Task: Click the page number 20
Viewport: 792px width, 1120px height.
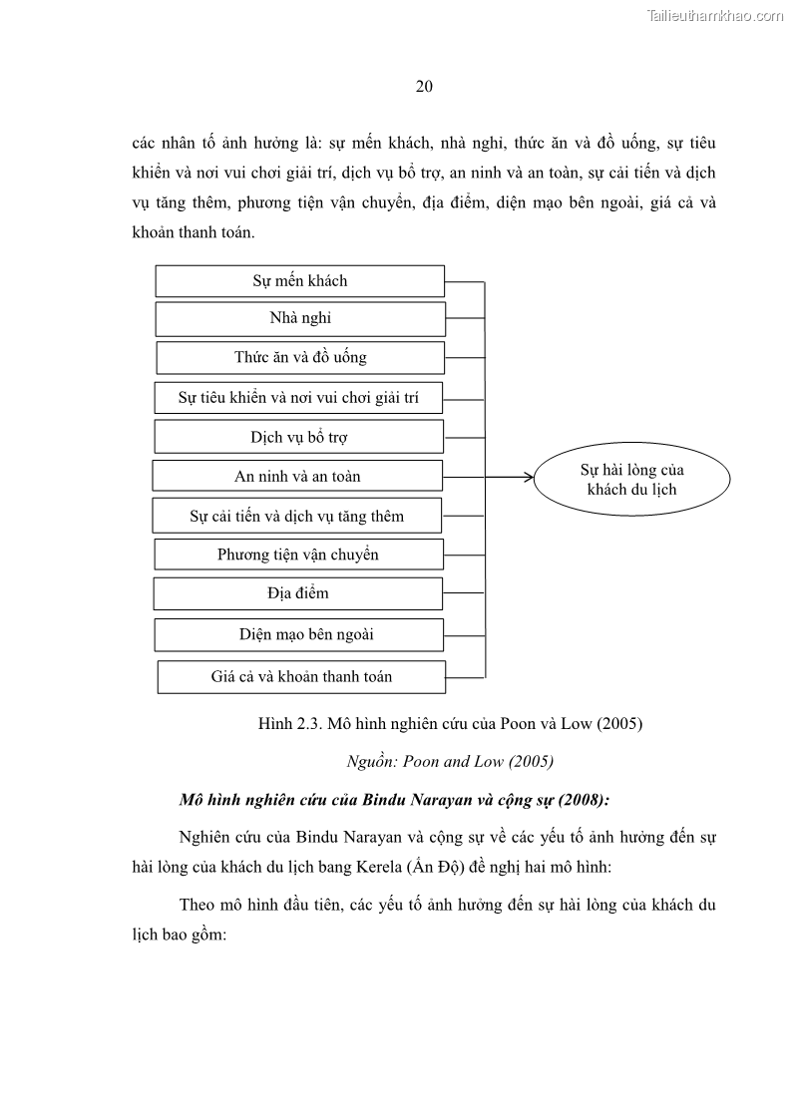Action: coord(423,86)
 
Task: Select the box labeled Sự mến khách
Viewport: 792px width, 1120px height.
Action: coord(299,281)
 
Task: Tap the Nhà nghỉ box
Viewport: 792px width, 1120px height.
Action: coord(300,319)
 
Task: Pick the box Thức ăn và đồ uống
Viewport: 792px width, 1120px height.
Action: coord(300,357)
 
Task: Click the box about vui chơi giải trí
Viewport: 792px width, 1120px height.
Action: coord(298,398)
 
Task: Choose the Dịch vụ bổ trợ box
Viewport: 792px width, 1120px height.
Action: coord(298,437)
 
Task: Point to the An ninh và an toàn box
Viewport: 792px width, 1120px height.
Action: coord(297,476)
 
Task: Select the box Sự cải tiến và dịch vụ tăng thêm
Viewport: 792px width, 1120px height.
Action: coord(297,517)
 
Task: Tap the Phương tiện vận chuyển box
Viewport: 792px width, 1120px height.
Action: coord(298,555)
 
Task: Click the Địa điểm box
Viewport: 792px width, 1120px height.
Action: coord(297,593)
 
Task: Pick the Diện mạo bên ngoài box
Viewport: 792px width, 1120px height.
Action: coord(298,634)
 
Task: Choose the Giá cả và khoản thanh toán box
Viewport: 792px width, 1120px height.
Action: coord(301,676)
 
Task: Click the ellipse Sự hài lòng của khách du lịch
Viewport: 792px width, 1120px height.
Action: coord(631,480)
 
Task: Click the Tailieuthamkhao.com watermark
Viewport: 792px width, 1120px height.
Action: coord(715,15)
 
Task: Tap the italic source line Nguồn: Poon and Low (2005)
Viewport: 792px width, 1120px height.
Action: coord(449,761)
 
